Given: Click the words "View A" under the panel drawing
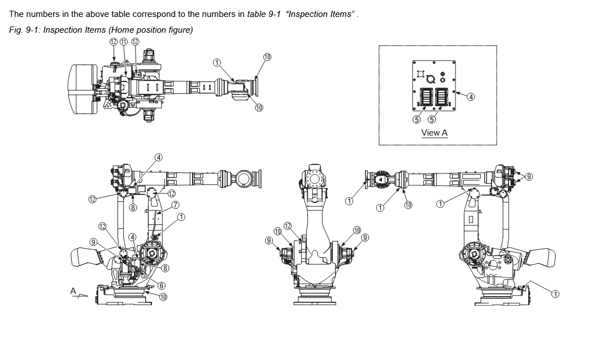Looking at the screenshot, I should coord(434,133).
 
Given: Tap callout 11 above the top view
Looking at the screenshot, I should coord(124,42).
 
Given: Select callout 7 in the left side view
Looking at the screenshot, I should coord(176,204).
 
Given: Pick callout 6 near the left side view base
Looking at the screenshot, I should coord(162,285).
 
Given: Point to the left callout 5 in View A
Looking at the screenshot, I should coord(416,119).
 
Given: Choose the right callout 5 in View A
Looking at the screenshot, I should coord(432,119).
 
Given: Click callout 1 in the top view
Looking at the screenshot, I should coord(217,62).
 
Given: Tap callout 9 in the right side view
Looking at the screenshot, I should coord(529,177).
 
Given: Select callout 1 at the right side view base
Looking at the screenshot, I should coord(555,294).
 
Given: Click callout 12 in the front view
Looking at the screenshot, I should coord(288,226).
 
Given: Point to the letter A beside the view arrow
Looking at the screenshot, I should coord(73,290).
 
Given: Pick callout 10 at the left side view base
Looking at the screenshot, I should coord(163,297).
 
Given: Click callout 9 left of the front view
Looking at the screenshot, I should coord(269,240).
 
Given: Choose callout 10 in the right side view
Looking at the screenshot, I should coord(408,205).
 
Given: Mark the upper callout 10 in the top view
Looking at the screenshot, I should coord(267,57).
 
